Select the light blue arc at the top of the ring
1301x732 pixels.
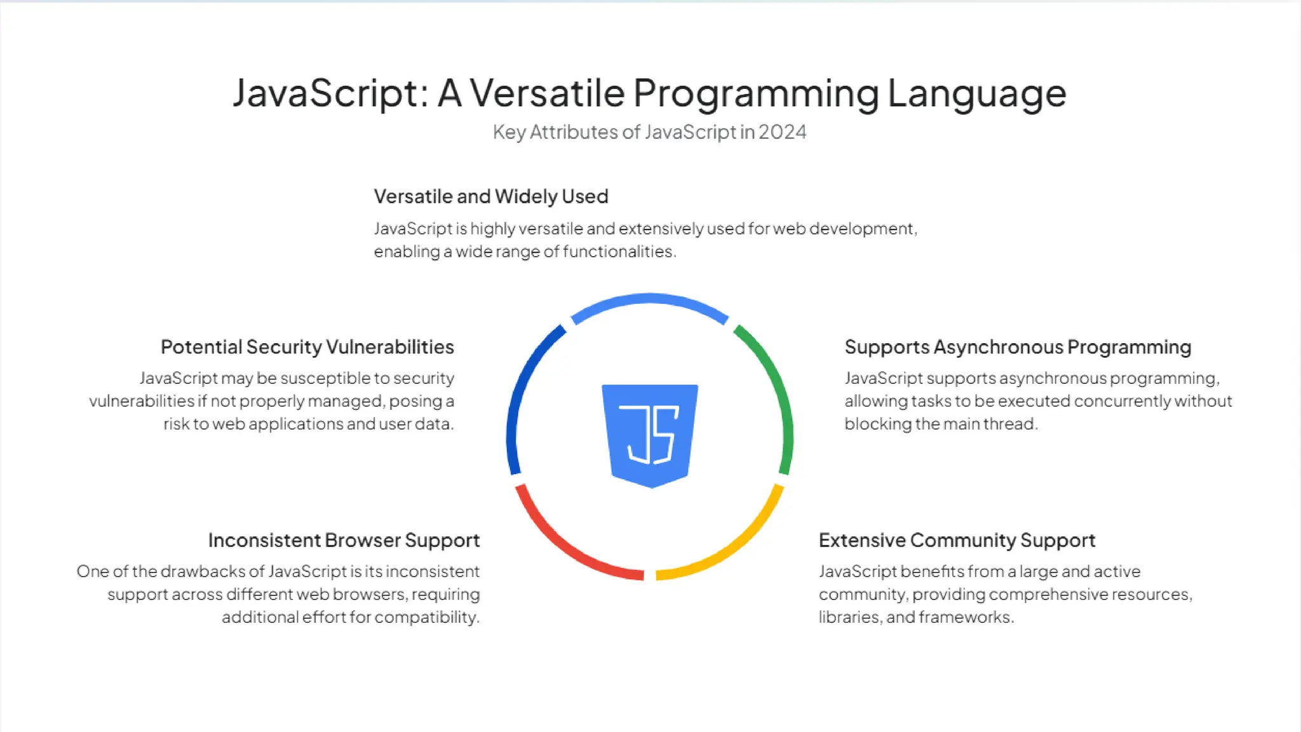coord(649,299)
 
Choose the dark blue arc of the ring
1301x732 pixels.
coord(521,388)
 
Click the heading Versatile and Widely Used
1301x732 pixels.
coord(490,196)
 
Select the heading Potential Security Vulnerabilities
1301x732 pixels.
coord(307,347)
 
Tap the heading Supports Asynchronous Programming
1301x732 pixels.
coord(1018,347)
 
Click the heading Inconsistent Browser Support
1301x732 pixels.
coord(344,540)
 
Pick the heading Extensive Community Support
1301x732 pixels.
coord(957,540)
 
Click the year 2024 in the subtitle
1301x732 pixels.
coord(782,132)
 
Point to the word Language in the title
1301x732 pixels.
coord(976,93)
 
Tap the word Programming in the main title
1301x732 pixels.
coord(756,93)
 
